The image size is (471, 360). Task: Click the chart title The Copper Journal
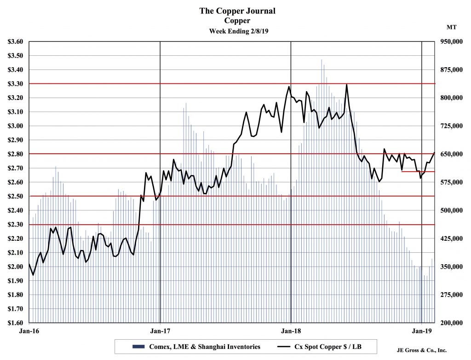[237, 11]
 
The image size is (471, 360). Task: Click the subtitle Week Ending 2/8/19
[237, 31]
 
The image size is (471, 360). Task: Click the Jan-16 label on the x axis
[29, 330]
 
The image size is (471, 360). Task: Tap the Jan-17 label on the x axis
[160, 330]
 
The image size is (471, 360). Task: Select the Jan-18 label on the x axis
[291, 330]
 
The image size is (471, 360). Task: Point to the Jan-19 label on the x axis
[422, 330]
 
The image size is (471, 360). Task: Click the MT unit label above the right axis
[451, 28]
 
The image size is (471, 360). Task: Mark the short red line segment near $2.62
[418, 171]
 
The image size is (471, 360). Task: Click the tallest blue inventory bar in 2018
[322, 60]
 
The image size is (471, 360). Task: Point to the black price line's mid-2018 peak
[346, 84]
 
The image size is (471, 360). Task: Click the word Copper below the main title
[237, 21]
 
